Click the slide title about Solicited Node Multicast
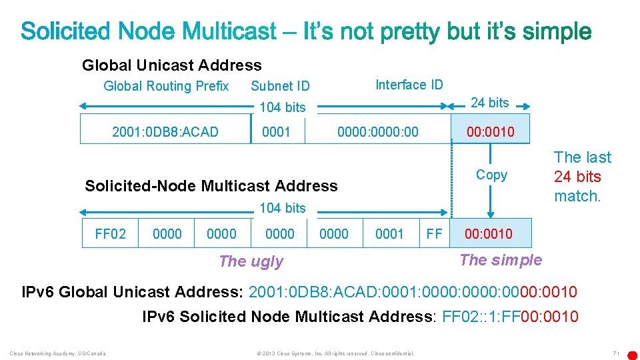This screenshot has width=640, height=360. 306,31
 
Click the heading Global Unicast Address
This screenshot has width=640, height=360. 171,65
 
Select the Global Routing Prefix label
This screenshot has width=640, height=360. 166,86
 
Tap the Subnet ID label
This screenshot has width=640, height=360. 280,86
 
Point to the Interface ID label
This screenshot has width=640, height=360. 409,85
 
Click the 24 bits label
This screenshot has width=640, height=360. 489,103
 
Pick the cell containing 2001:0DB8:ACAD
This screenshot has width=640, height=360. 165,131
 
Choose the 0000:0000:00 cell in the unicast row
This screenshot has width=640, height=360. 377,131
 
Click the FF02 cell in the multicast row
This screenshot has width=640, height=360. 110,233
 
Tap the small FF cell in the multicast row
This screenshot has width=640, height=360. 434,233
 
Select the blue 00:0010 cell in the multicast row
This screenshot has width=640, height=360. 490,233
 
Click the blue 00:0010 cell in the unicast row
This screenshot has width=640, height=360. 490,131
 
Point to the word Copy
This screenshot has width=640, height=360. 491,175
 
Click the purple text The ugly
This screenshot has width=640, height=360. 251,261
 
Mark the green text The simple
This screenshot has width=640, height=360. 501,260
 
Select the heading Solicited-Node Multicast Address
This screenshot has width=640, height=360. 211,186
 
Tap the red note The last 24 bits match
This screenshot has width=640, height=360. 582,177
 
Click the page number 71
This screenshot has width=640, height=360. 616,353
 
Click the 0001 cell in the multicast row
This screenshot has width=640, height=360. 389,233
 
